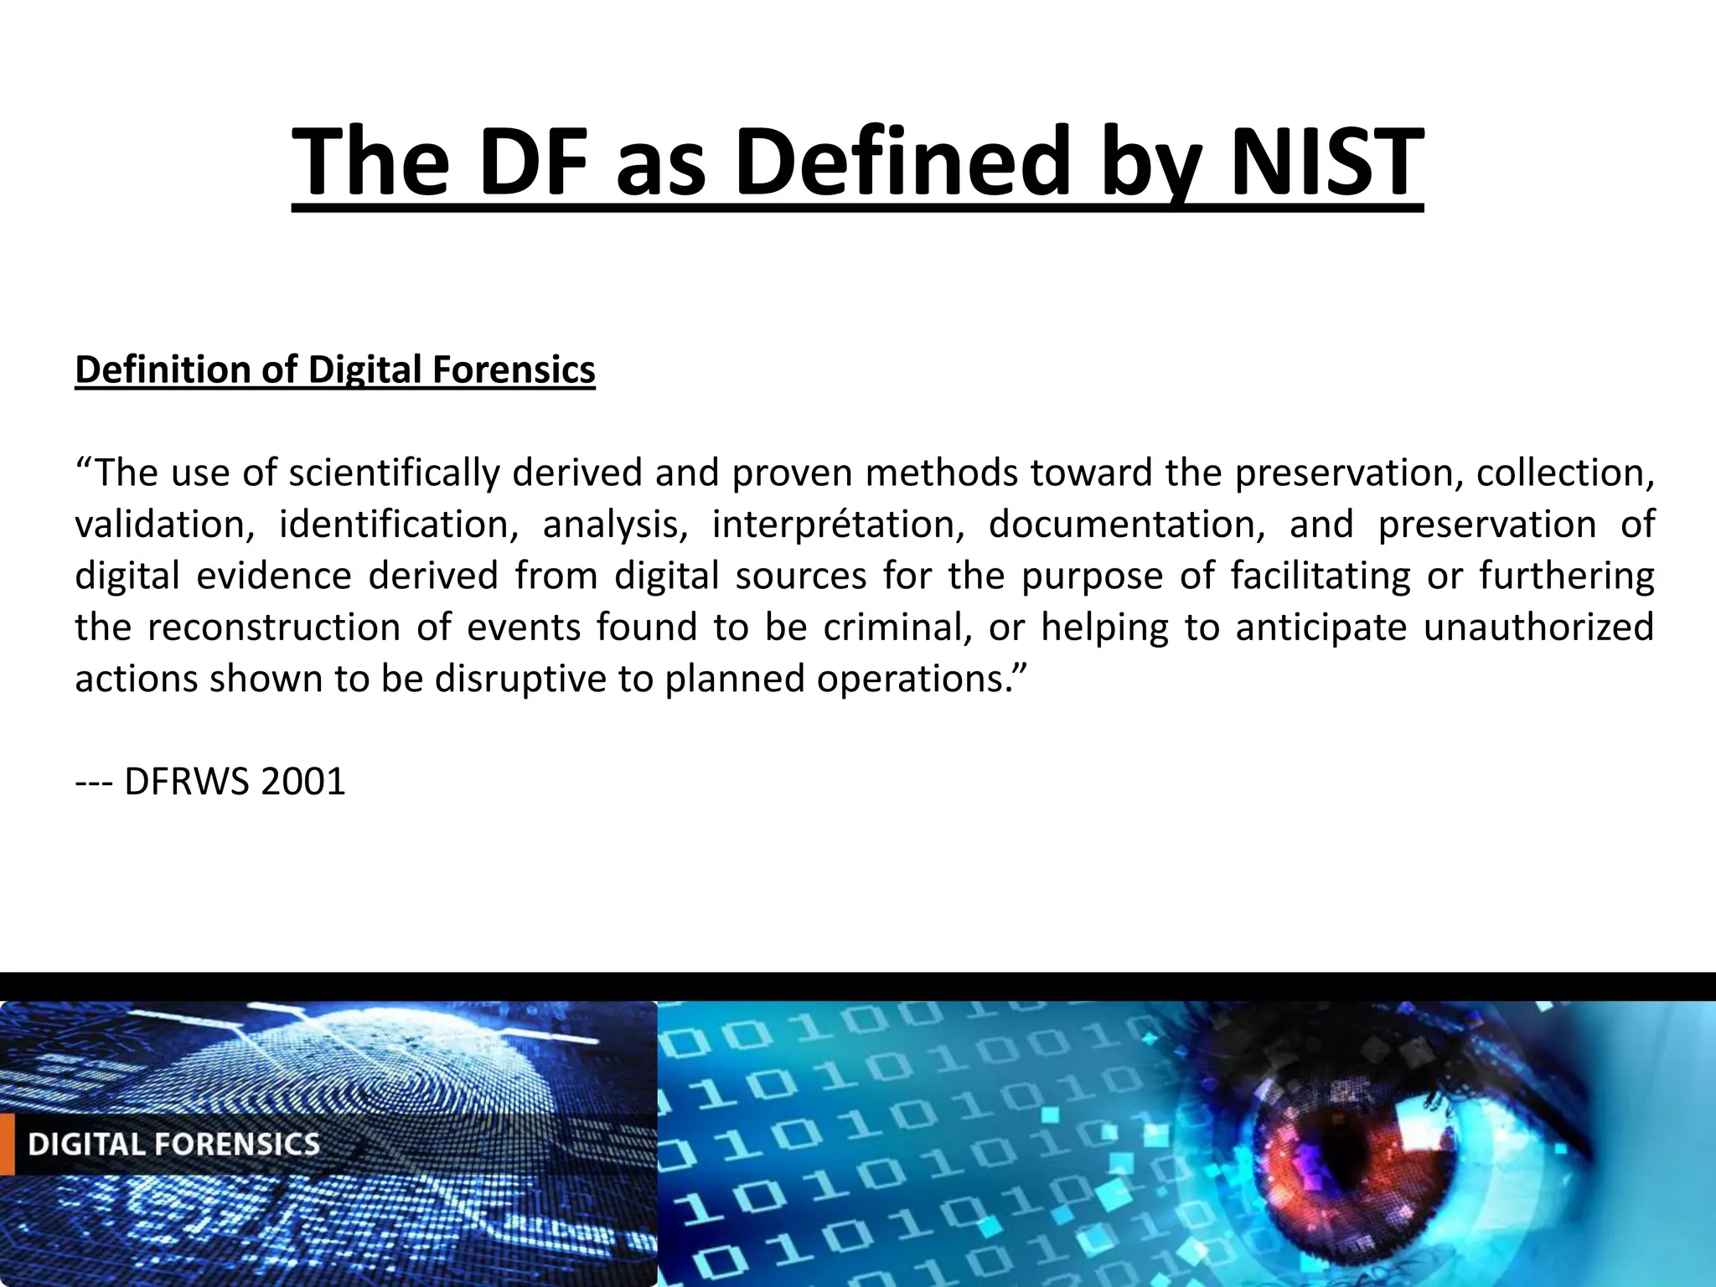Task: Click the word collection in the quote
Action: tap(1564, 473)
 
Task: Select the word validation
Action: tap(164, 525)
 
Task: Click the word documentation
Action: tap(1127, 525)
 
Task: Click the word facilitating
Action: tap(1321, 576)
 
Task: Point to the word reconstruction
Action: tap(274, 628)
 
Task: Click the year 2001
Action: tap(303, 782)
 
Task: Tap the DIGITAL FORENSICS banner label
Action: tap(174, 1145)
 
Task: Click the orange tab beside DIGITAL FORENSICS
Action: tap(7, 1145)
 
